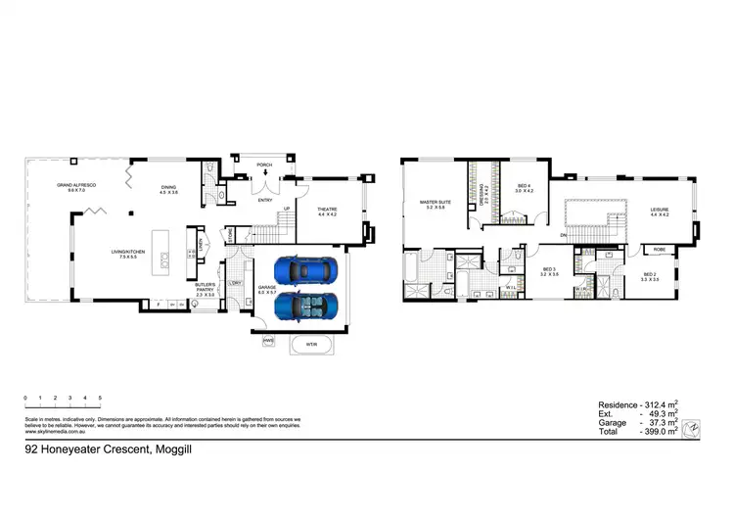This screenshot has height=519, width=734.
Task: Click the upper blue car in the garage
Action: (304, 268)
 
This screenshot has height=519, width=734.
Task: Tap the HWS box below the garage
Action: (267, 341)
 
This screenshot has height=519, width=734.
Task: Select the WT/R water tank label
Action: (310, 344)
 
